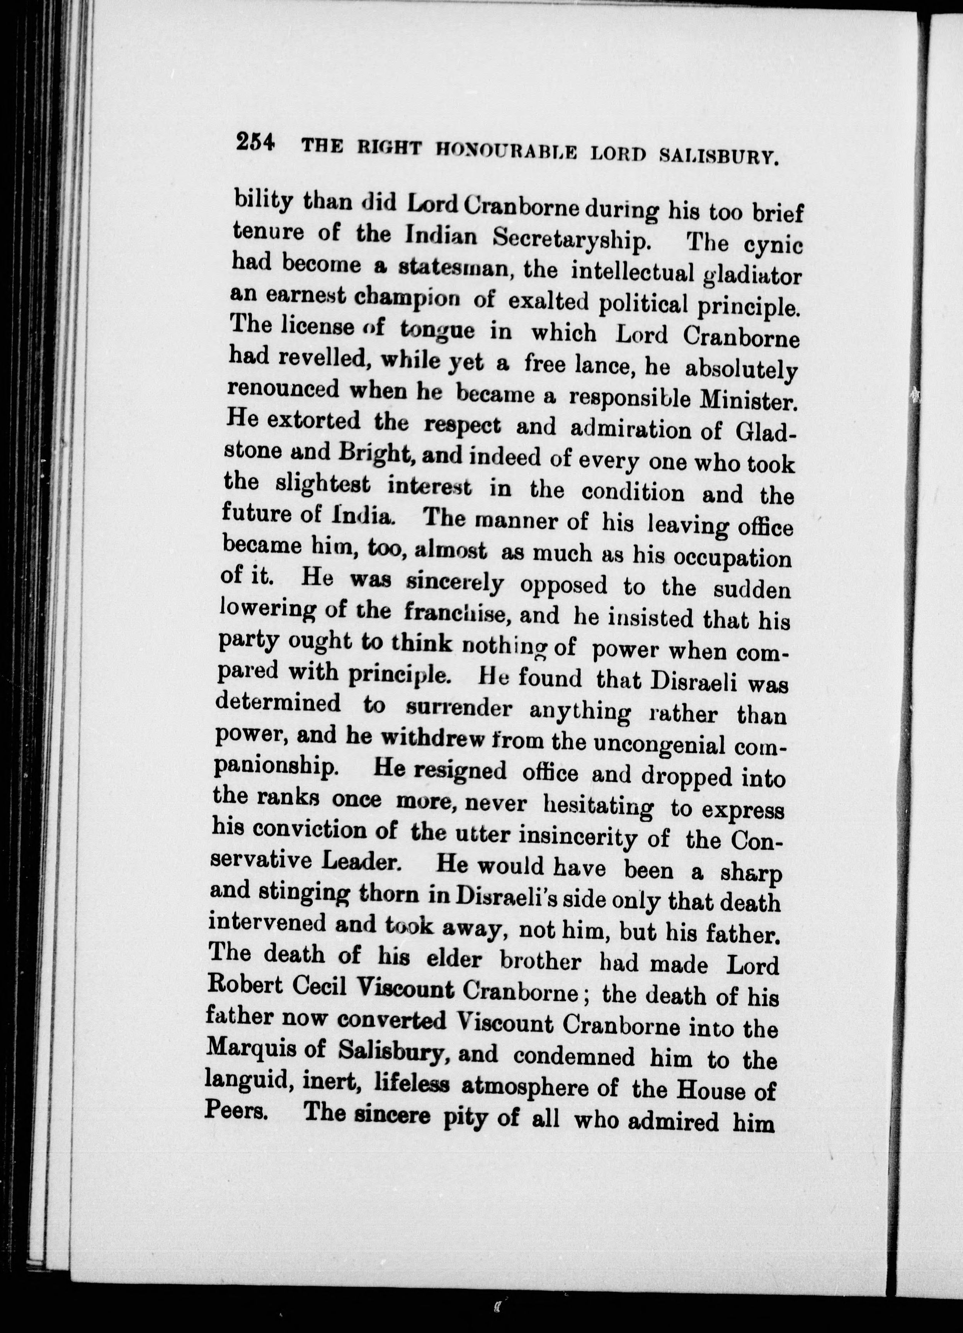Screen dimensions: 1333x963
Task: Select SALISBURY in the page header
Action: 719,156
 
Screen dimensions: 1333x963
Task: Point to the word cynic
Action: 772,244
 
